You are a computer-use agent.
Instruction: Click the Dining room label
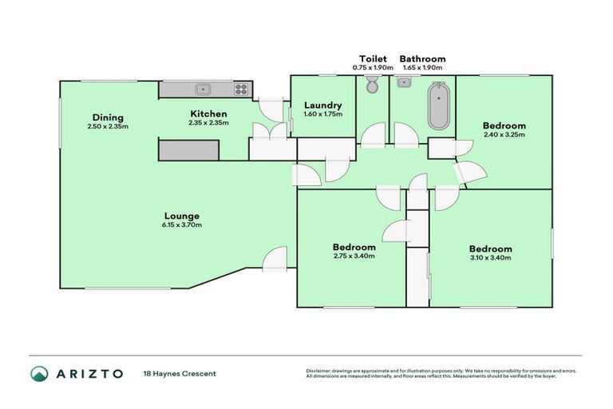click(108, 117)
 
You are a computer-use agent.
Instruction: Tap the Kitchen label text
click(208, 113)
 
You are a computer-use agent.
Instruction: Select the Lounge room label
click(181, 216)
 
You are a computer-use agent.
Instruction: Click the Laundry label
click(322, 105)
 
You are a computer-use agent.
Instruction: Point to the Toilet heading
click(373, 59)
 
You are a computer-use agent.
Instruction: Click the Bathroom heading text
click(422, 59)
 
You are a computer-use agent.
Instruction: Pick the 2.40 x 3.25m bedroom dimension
click(504, 134)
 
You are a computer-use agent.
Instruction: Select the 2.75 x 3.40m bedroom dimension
click(354, 256)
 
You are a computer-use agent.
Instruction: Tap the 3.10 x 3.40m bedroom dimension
click(490, 257)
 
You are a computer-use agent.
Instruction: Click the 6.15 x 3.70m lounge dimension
click(181, 224)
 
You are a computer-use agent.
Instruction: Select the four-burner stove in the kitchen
click(240, 89)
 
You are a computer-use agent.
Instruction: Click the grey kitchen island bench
click(188, 149)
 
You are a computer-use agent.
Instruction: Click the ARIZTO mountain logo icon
click(39, 373)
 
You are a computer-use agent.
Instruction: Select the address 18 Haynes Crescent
click(180, 373)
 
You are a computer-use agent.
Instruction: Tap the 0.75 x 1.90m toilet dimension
click(373, 68)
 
